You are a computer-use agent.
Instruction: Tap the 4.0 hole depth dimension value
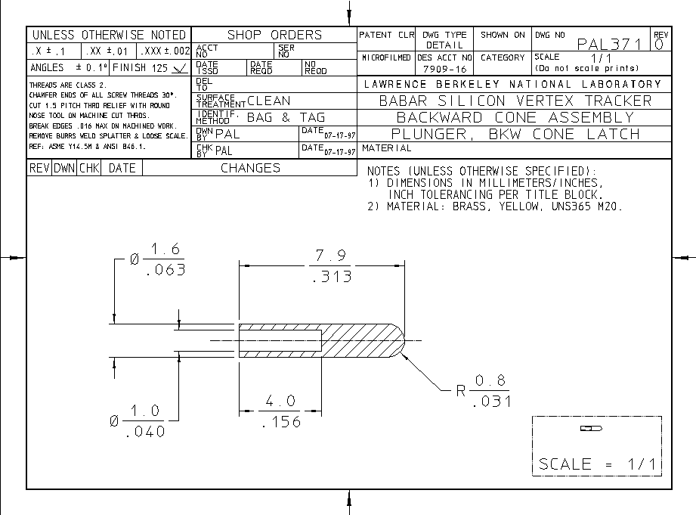280,401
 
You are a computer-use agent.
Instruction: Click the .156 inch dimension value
280,422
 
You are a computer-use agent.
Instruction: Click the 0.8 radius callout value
490,380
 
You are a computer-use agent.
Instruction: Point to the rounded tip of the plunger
402,341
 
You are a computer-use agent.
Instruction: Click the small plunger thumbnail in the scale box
591,429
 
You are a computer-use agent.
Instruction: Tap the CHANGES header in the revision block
250,168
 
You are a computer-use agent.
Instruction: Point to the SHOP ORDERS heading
274,35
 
